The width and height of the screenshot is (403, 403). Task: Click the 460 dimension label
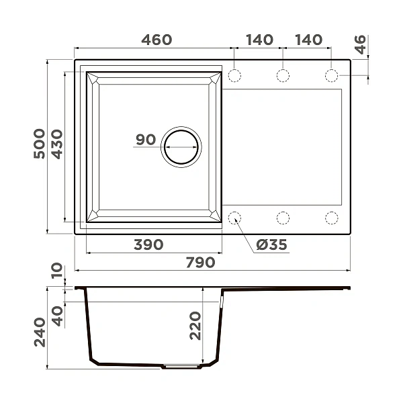pyautogui.click(x=156, y=40)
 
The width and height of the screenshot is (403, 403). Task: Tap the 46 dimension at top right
pyautogui.click(x=360, y=44)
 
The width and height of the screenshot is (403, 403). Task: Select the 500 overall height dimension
pyautogui.click(x=40, y=144)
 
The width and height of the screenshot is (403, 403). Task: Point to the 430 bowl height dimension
pyautogui.click(x=57, y=144)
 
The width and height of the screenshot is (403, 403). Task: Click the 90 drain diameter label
pyautogui.click(x=146, y=140)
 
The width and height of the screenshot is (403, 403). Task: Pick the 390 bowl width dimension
pyautogui.click(x=148, y=244)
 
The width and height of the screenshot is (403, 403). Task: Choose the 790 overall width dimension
pyautogui.click(x=200, y=263)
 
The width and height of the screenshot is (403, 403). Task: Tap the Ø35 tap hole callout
pyautogui.click(x=271, y=244)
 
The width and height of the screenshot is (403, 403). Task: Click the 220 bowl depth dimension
pyautogui.click(x=195, y=326)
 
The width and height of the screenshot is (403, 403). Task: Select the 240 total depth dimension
pyautogui.click(x=40, y=332)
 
